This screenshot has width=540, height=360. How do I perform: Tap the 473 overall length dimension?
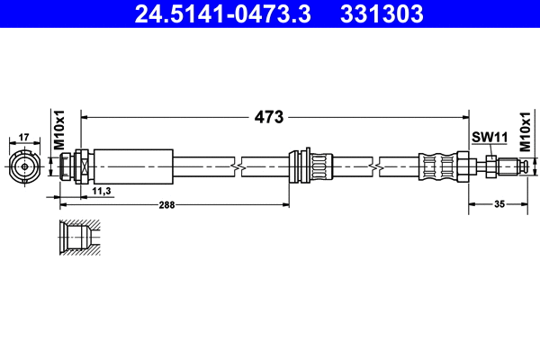(269, 117)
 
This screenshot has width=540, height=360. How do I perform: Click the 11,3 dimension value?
(101, 192)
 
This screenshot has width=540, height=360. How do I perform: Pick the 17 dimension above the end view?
(24, 137)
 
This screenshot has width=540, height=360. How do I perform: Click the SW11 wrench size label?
(490, 137)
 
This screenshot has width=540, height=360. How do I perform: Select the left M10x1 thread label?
(59, 131)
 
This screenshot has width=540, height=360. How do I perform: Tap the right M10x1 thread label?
(526, 131)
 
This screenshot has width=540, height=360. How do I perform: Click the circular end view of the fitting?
(24, 166)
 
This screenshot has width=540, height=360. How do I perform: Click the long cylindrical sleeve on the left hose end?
(132, 166)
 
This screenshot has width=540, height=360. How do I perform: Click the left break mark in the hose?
(237, 166)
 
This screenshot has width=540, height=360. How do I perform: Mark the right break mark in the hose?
(373, 166)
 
